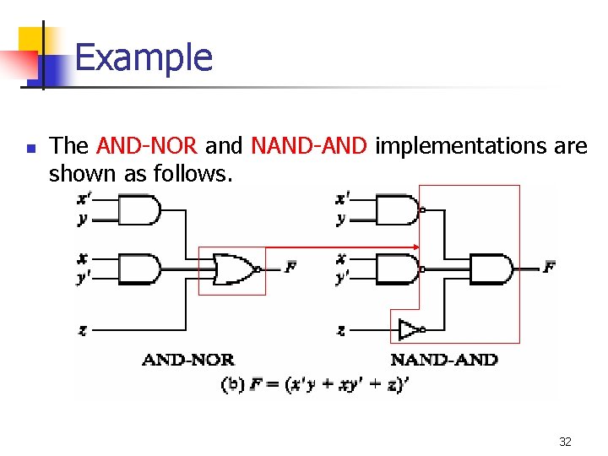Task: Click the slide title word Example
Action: [144, 57]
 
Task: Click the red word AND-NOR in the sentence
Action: [148, 146]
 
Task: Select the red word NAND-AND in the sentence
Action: [309, 146]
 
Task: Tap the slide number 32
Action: [565, 442]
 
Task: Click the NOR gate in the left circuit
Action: [236, 269]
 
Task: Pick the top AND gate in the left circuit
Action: [140, 209]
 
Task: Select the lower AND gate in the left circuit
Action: [140, 269]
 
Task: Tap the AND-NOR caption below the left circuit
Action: [188, 360]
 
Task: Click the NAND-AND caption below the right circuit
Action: [444, 360]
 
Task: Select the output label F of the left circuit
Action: [291, 268]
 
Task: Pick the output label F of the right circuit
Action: [549, 268]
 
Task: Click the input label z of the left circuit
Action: [82, 329]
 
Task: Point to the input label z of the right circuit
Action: [340, 329]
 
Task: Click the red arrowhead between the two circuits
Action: [415, 247]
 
